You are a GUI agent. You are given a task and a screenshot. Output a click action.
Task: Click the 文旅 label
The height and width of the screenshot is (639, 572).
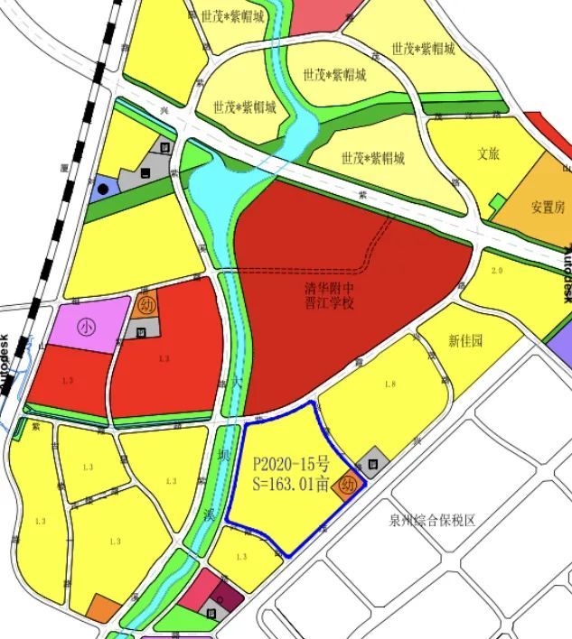click(x=489, y=154)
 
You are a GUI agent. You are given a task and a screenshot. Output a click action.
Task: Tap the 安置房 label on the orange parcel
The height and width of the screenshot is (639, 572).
click(x=548, y=207)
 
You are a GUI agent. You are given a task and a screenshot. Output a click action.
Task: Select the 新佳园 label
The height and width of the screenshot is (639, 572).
click(x=465, y=341)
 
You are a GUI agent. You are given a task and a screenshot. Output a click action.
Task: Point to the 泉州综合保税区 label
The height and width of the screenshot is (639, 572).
click(x=432, y=521)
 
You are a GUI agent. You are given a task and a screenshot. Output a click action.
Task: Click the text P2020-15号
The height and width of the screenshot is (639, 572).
click(x=291, y=465)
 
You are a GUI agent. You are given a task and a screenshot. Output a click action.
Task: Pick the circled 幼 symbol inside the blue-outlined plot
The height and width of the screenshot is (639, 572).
click(x=350, y=486)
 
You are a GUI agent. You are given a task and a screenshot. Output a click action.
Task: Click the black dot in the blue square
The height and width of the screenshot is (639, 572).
click(x=103, y=189)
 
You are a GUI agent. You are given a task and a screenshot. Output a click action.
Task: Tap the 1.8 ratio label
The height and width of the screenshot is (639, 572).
click(x=390, y=385)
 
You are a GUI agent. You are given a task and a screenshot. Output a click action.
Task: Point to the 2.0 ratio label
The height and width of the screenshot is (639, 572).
click(x=496, y=271)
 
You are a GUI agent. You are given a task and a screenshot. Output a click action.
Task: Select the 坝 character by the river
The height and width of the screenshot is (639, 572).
click(x=222, y=458)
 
